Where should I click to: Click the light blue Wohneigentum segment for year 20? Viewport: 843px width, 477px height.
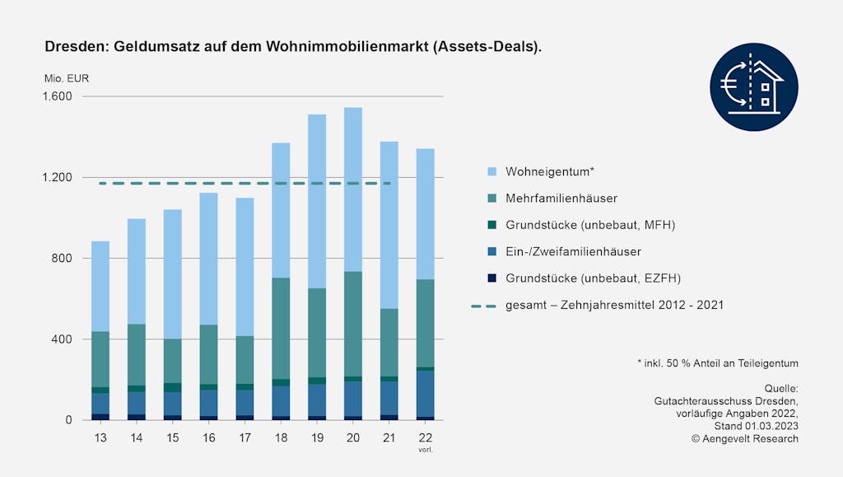(x=353, y=189)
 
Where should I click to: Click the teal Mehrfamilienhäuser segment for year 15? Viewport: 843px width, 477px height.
(x=173, y=361)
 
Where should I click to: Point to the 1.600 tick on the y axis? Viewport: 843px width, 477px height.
(x=57, y=96)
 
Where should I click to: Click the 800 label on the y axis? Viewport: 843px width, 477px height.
(x=63, y=259)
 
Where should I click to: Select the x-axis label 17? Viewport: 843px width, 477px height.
(x=245, y=437)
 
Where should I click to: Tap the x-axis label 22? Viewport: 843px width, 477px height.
(x=426, y=437)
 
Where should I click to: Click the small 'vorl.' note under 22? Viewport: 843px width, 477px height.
(x=426, y=450)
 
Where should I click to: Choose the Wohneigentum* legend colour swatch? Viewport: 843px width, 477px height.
(x=492, y=171)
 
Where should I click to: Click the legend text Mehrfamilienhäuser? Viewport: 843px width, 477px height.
(x=561, y=199)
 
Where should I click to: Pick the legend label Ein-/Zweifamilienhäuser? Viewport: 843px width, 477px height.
(x=573, y=251)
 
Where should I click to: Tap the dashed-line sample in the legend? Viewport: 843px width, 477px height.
(x=482, y=305)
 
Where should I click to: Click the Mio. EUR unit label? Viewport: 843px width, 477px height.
(x=67, y=79)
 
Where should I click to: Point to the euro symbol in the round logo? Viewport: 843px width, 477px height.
(x=730, y=82)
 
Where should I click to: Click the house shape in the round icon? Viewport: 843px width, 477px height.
(x=765, y=87)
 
